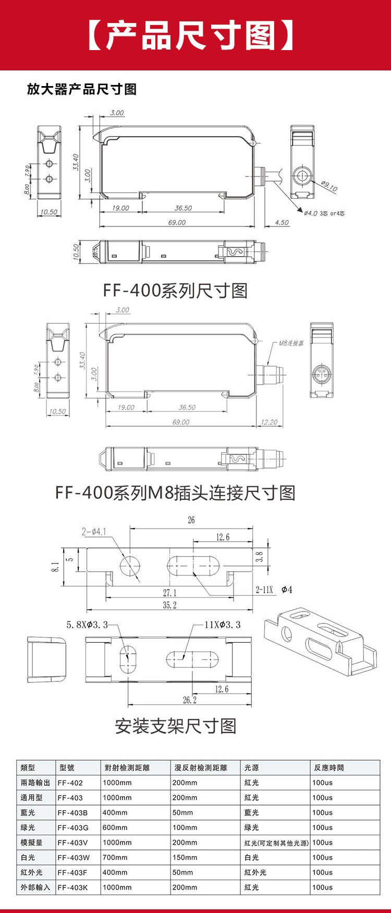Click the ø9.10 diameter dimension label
329,186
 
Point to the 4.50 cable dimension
282,222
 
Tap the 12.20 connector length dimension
269,422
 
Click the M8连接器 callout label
291,343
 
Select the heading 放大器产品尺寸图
82,89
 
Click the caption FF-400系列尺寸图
175,290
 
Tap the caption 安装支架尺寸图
176,726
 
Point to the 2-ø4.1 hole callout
94,532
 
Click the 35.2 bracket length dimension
170,605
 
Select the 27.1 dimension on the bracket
170,593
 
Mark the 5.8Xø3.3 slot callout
87,624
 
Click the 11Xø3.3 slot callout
223,624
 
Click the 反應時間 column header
329,767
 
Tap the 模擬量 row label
32,843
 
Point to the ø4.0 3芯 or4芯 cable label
324,213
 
